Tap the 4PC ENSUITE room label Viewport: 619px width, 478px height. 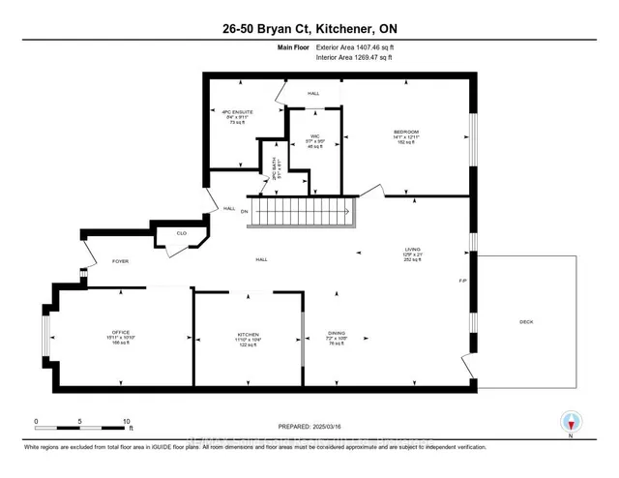click(x=237, y=112)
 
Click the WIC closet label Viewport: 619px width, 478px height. click(x=315, y=135)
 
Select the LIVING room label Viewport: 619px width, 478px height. click(x=412, y=249)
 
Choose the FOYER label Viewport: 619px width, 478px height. click(x=120, y=261)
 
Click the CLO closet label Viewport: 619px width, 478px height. click(x=181, y=232)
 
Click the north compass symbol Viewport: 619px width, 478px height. click(x=573, y=422)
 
